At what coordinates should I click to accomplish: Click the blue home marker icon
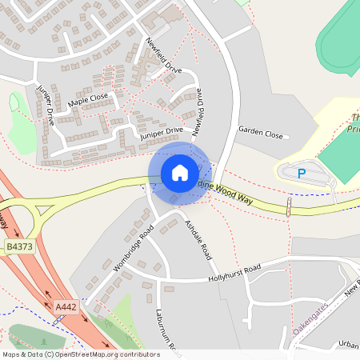180,173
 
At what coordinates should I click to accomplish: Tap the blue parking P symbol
302,172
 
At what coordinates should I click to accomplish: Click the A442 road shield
66,306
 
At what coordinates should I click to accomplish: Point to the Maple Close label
88,100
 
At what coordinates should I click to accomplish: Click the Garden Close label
261,132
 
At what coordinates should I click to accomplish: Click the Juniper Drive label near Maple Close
43,105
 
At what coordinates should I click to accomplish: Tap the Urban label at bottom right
349,344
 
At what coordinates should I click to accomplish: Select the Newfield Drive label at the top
164,55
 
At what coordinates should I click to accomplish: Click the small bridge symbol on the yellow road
288,207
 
